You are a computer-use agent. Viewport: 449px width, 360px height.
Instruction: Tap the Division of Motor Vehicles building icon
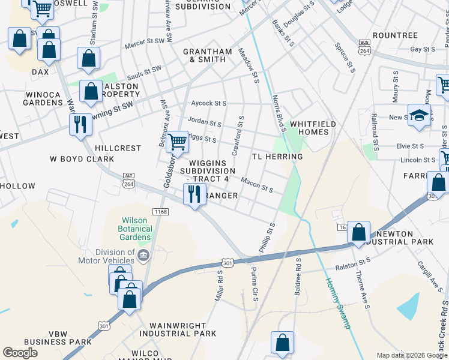tap(143, 256)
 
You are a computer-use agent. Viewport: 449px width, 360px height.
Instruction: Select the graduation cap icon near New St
tap(419, 116)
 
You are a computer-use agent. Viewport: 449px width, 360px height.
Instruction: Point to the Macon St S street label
tap(257, 185)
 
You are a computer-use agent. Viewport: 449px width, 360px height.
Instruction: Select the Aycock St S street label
tap(208, 104)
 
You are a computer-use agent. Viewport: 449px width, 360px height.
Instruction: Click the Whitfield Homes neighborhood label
tap(313, 128)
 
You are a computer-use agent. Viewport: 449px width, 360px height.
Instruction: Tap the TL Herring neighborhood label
tap(277, 157)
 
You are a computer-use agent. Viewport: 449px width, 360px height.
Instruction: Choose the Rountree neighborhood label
tap(394, 35)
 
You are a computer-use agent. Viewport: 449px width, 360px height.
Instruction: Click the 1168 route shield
tap(161, 211)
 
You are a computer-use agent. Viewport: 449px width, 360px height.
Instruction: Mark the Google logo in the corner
tap(20, 353)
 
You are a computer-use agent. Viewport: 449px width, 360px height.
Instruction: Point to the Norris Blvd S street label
tap(279, 111)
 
